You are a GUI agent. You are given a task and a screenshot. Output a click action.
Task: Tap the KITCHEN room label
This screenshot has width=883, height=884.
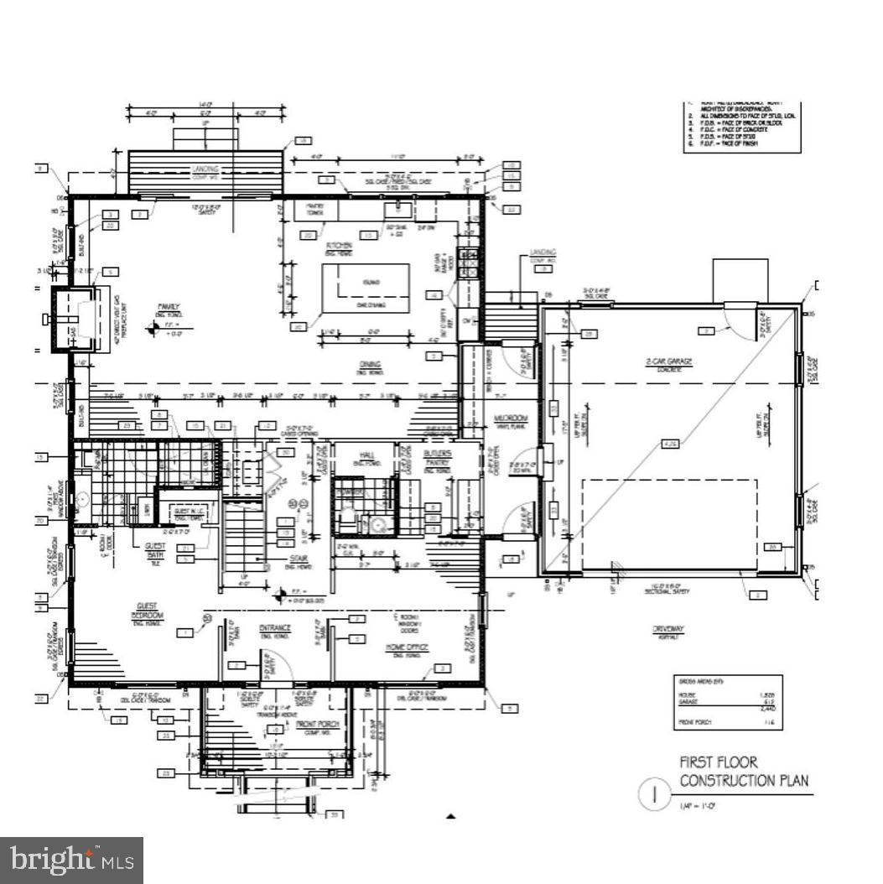point(340,246)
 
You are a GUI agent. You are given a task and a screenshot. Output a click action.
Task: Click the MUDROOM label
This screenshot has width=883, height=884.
point(509,417)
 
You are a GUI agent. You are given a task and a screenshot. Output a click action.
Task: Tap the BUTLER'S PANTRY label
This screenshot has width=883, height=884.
point(437,458)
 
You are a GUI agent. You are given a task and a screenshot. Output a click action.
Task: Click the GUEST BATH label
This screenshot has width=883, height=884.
point(156,556)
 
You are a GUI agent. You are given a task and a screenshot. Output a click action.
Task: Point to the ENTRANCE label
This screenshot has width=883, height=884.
point(274,627)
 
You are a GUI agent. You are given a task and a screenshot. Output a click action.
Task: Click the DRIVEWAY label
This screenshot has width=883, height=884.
point(669,629)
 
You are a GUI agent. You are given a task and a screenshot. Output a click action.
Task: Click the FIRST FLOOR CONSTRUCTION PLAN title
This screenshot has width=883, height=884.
point(744,772)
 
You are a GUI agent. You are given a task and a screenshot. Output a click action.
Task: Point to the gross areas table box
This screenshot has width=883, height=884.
point(727,700)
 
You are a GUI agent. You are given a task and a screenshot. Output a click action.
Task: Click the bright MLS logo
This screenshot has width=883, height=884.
point(70,860)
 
